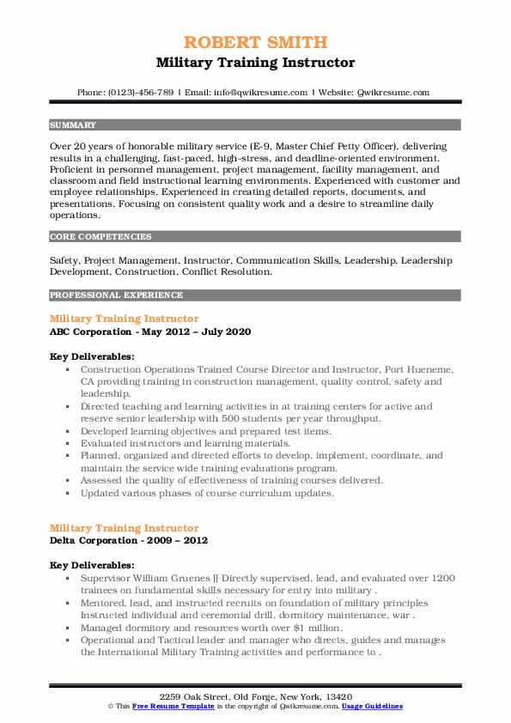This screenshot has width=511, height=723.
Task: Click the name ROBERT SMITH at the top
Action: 255,42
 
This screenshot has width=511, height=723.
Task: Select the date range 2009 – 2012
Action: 175,540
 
